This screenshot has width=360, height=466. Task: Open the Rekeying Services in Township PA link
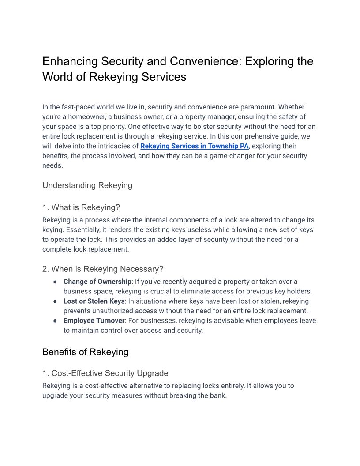click(195, 146)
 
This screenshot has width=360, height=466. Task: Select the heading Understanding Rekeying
click(87, 185)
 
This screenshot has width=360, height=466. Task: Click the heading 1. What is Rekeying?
click(81, 207)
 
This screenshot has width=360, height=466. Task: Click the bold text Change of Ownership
click(97, 282)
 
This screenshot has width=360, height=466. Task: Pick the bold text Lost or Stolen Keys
click(94, 301)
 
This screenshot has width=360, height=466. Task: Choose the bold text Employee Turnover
click(94, 320)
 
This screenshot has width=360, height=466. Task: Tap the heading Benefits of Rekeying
click(86, 352)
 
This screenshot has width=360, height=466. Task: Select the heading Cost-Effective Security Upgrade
click(105, 373)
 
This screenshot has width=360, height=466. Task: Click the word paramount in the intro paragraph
click(258, 107)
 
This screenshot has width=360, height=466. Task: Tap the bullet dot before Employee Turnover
click(55, 321)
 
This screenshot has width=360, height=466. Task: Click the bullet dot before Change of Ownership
click(55, 282)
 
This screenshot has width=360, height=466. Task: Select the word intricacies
click(112, 146)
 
